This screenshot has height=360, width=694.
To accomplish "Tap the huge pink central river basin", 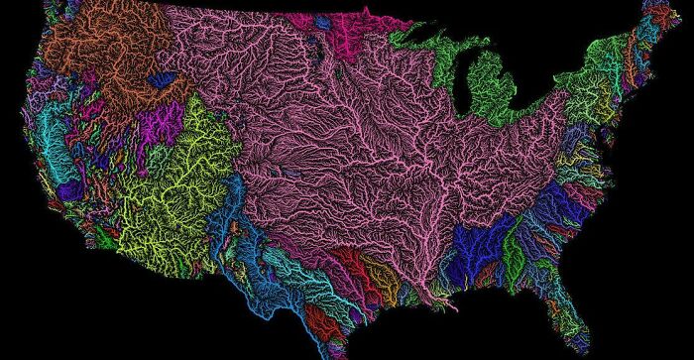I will point(347,149).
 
